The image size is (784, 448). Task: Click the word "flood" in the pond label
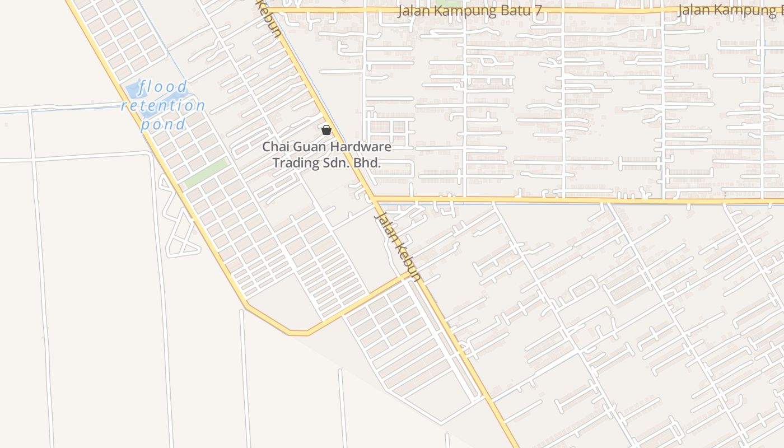tap(164, 87)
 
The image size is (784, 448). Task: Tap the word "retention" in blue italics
tap(164, 105)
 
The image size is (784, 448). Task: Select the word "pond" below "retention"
tap(163, 124)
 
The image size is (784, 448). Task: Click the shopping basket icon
tap(326, 130)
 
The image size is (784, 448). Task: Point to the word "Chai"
tap(275, 147)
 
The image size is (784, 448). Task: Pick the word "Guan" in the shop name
tap(310, 147)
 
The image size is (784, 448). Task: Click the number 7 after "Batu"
tap(538, 11)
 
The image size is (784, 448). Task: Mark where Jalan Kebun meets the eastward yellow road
tap(373, 199)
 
